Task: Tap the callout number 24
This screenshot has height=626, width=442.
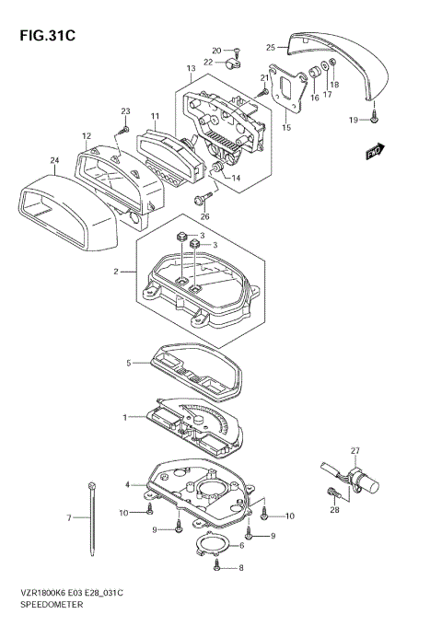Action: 54,160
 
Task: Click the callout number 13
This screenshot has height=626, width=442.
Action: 191,69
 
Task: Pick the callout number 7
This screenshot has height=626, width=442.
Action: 69,518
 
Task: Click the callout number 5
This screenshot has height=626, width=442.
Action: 130,364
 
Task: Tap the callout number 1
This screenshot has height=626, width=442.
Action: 125,418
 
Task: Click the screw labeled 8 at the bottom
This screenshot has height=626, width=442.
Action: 217,569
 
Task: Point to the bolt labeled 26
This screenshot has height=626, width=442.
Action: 200,199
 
